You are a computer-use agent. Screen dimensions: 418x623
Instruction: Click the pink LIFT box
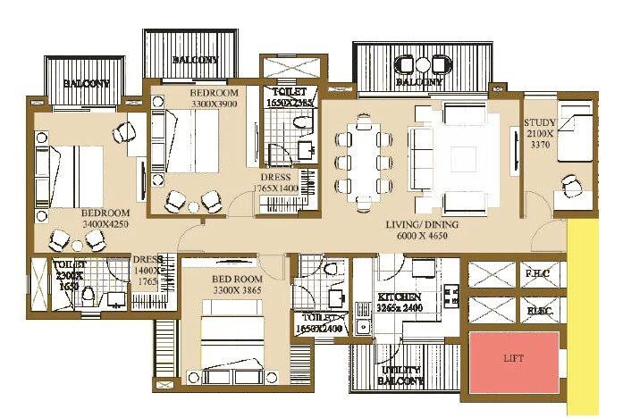pos(514,358)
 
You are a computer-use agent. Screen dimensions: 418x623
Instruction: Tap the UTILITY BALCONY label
pos(401,374)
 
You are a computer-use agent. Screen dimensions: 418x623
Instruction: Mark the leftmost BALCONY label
pos(85,84)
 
